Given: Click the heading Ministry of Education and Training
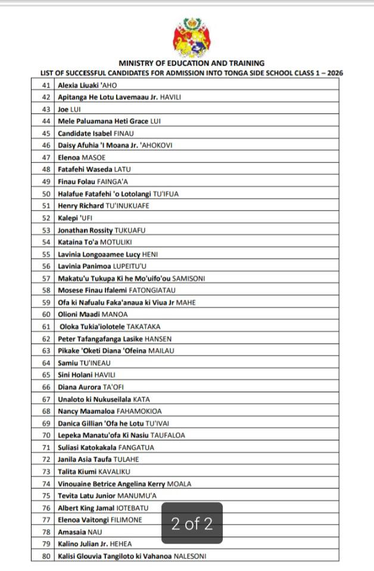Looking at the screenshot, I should [x=191, y=63].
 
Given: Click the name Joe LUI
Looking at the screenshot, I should [x=70, y=109].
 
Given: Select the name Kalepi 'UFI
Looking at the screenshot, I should [x=75, y=218].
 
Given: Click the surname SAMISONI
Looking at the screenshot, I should [x=189, y=278].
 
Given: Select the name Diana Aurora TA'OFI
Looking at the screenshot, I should [x=91, y=387].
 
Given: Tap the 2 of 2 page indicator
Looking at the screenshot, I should [x=192, y=524].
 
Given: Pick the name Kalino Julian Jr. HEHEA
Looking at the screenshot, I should [x=95, y=544].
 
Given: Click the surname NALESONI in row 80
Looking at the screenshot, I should [x=190, y=556].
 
